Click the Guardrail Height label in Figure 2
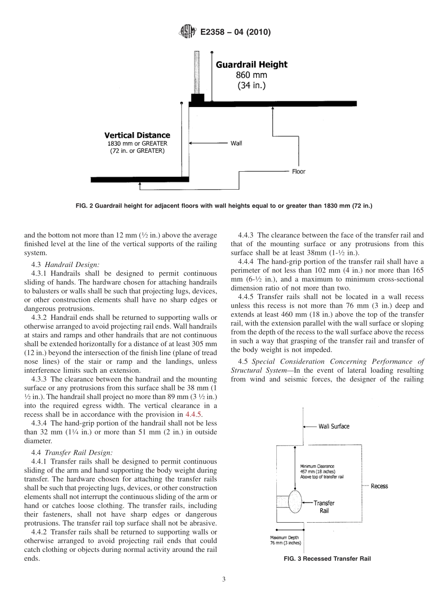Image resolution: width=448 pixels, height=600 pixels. coord(251,65)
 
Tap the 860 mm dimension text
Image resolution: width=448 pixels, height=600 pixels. coord(251,75)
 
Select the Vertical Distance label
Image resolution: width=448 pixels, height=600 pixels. coord(137,135)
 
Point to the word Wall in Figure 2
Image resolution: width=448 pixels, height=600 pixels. coord(236,143)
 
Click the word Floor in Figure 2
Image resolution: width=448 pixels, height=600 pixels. coord(299,171)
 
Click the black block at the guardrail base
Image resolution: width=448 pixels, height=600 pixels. coord(197,100)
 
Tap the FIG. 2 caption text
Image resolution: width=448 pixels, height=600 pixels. coord(224,206)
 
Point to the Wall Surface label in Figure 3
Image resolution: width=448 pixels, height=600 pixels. coord(334,426)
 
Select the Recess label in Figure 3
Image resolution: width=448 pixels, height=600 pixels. coord(379,486)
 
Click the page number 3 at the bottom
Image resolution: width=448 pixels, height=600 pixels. coord(224,579)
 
